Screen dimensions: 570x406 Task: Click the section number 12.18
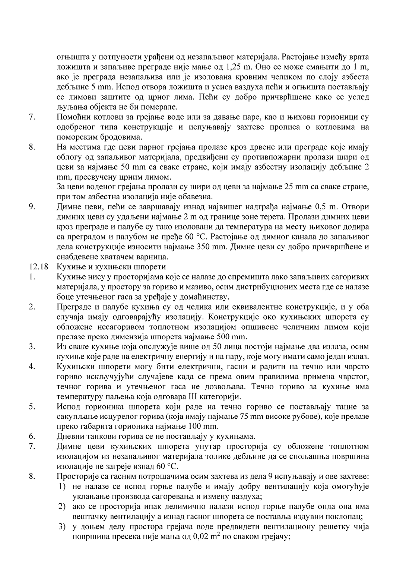click(x=36, y=267)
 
